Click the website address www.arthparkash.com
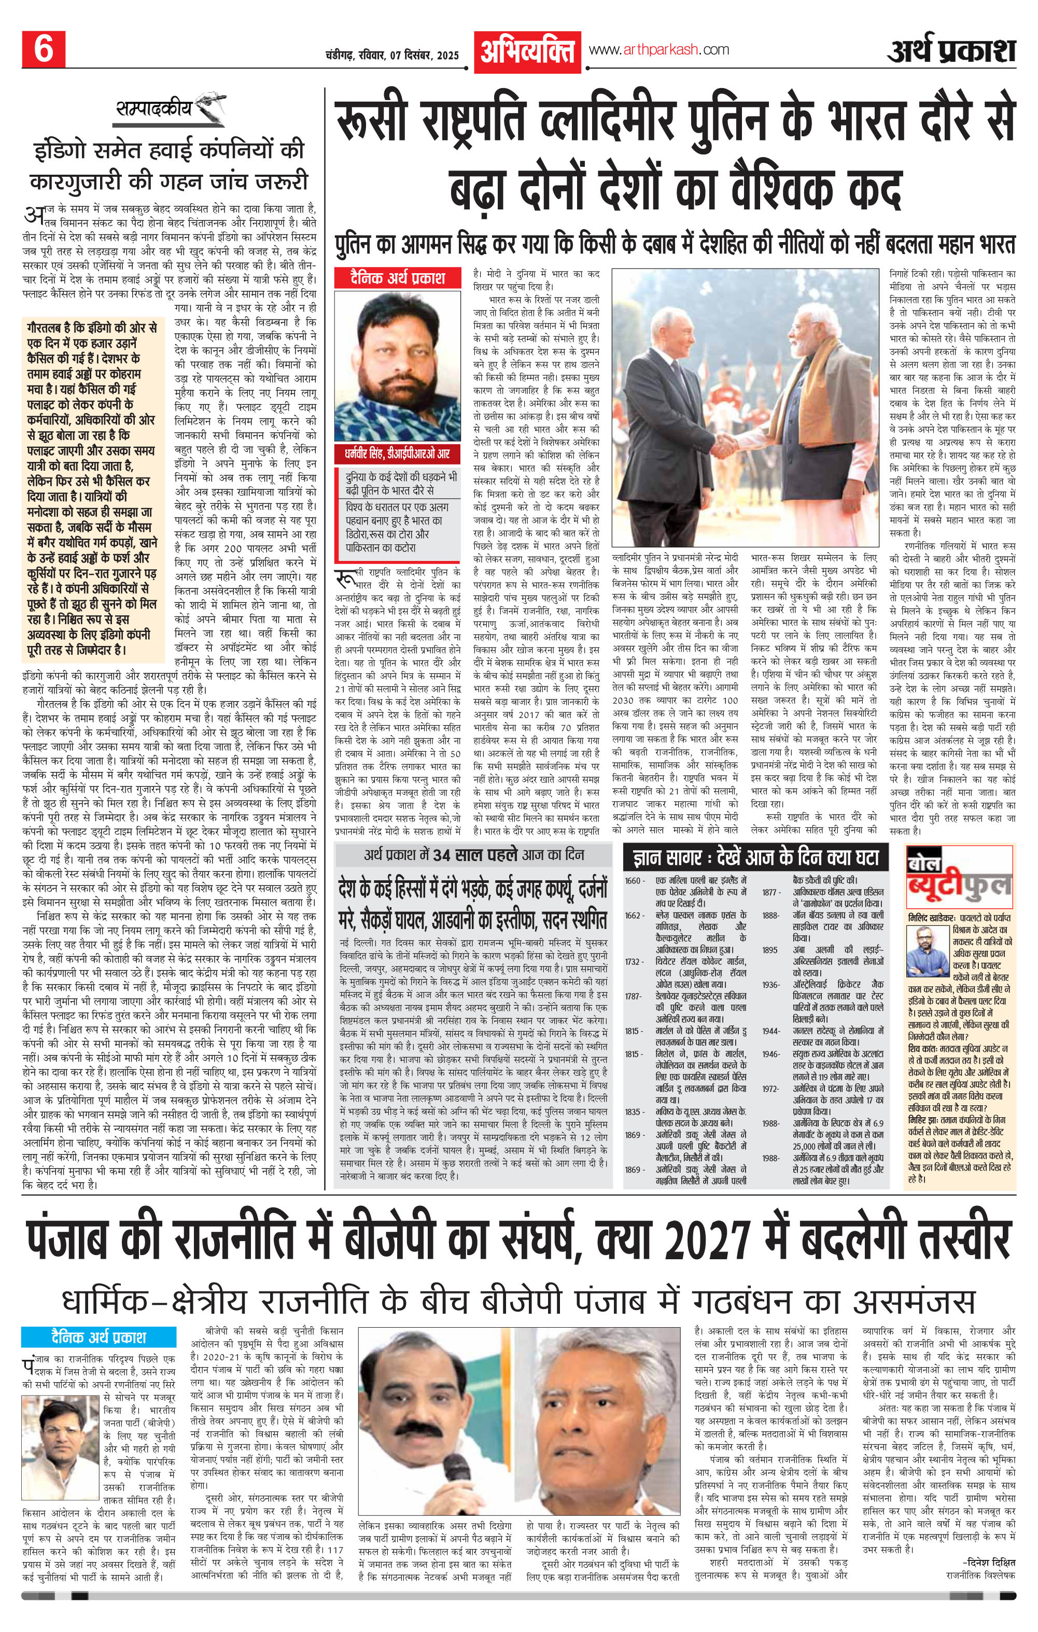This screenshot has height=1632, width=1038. (659, 49)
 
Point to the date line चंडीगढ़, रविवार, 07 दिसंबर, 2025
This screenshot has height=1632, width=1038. (392, 55)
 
